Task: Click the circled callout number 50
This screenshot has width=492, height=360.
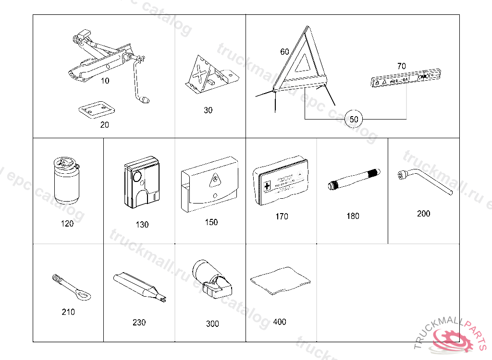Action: coord(354,119)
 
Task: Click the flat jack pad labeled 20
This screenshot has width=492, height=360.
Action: coord(97,109)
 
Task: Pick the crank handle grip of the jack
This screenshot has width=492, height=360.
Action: coord(144,100)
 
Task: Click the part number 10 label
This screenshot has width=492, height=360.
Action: coord(105,81)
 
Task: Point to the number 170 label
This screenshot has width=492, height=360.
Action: coord(282,216)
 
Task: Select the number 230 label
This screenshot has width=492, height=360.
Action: coord(139,323)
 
